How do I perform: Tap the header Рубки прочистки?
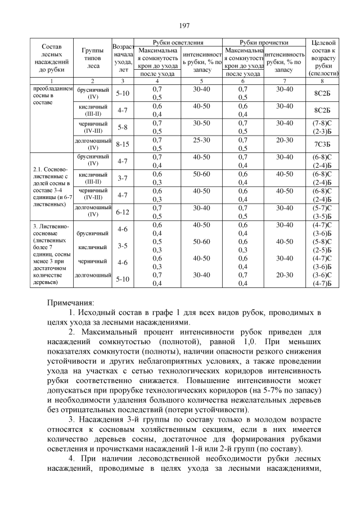(x=264, y=43)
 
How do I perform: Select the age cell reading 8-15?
(x=122, y=144)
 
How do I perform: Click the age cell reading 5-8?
(x=122, y=127)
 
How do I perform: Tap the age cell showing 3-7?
(x=122, y=178)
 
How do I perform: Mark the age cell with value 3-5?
(x=122, y=246)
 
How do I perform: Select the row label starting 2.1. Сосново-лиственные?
(x=51, y=187)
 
